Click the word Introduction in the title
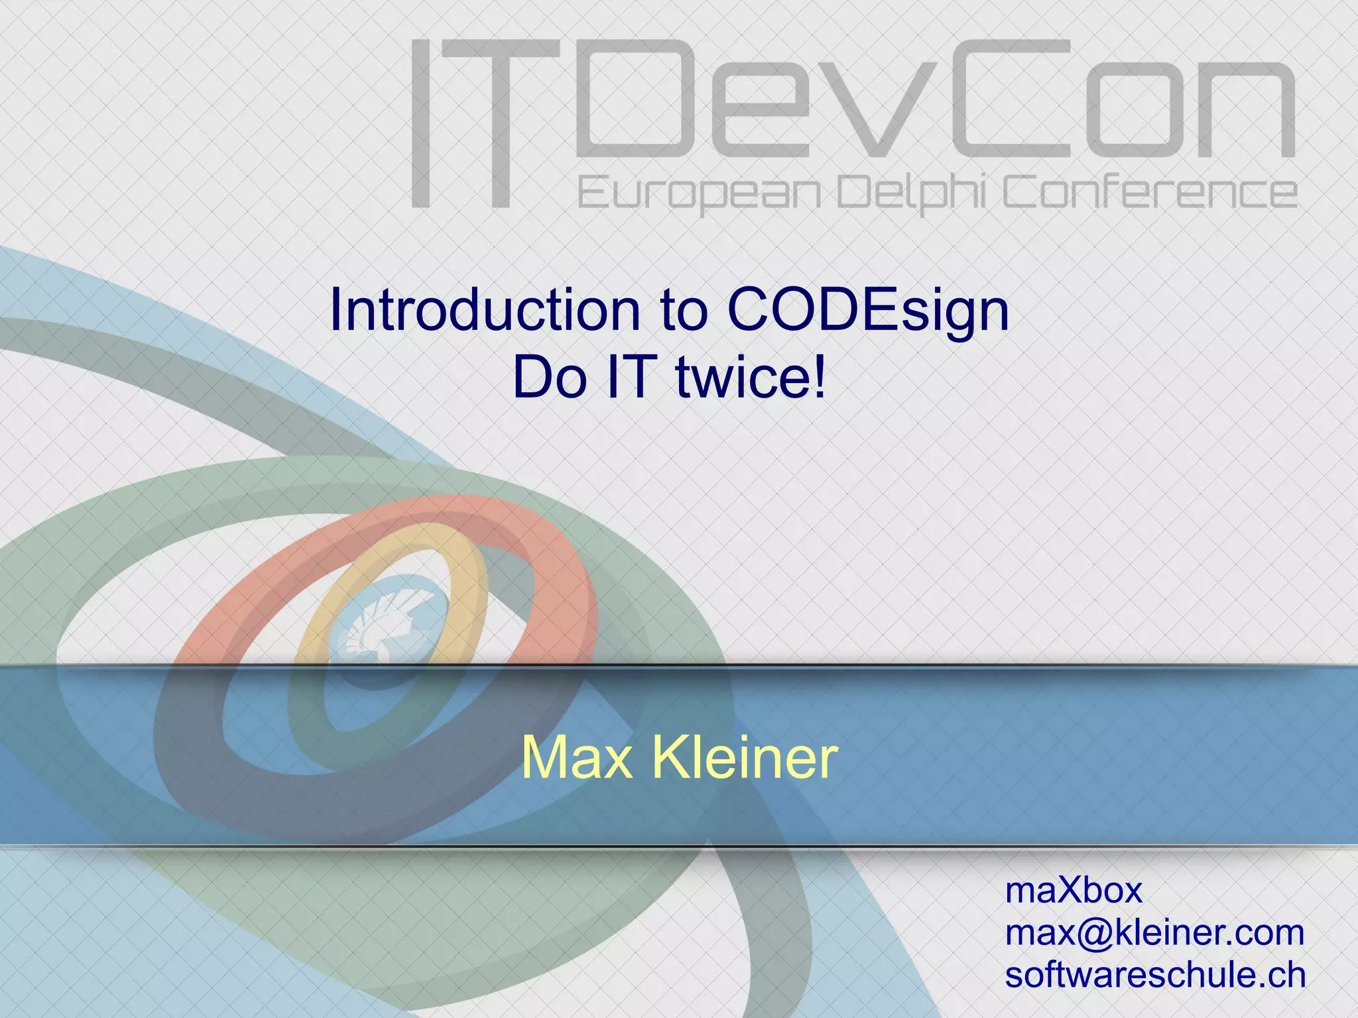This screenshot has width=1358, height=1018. click(x=484, y=310)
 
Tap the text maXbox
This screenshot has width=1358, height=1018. click(x=1074, y=890)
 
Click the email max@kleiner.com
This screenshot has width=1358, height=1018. click(x=1154, y=933)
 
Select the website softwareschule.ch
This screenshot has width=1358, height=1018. click(x=1154, y=975)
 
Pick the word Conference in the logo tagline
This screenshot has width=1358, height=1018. click(x=1149, y=192)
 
